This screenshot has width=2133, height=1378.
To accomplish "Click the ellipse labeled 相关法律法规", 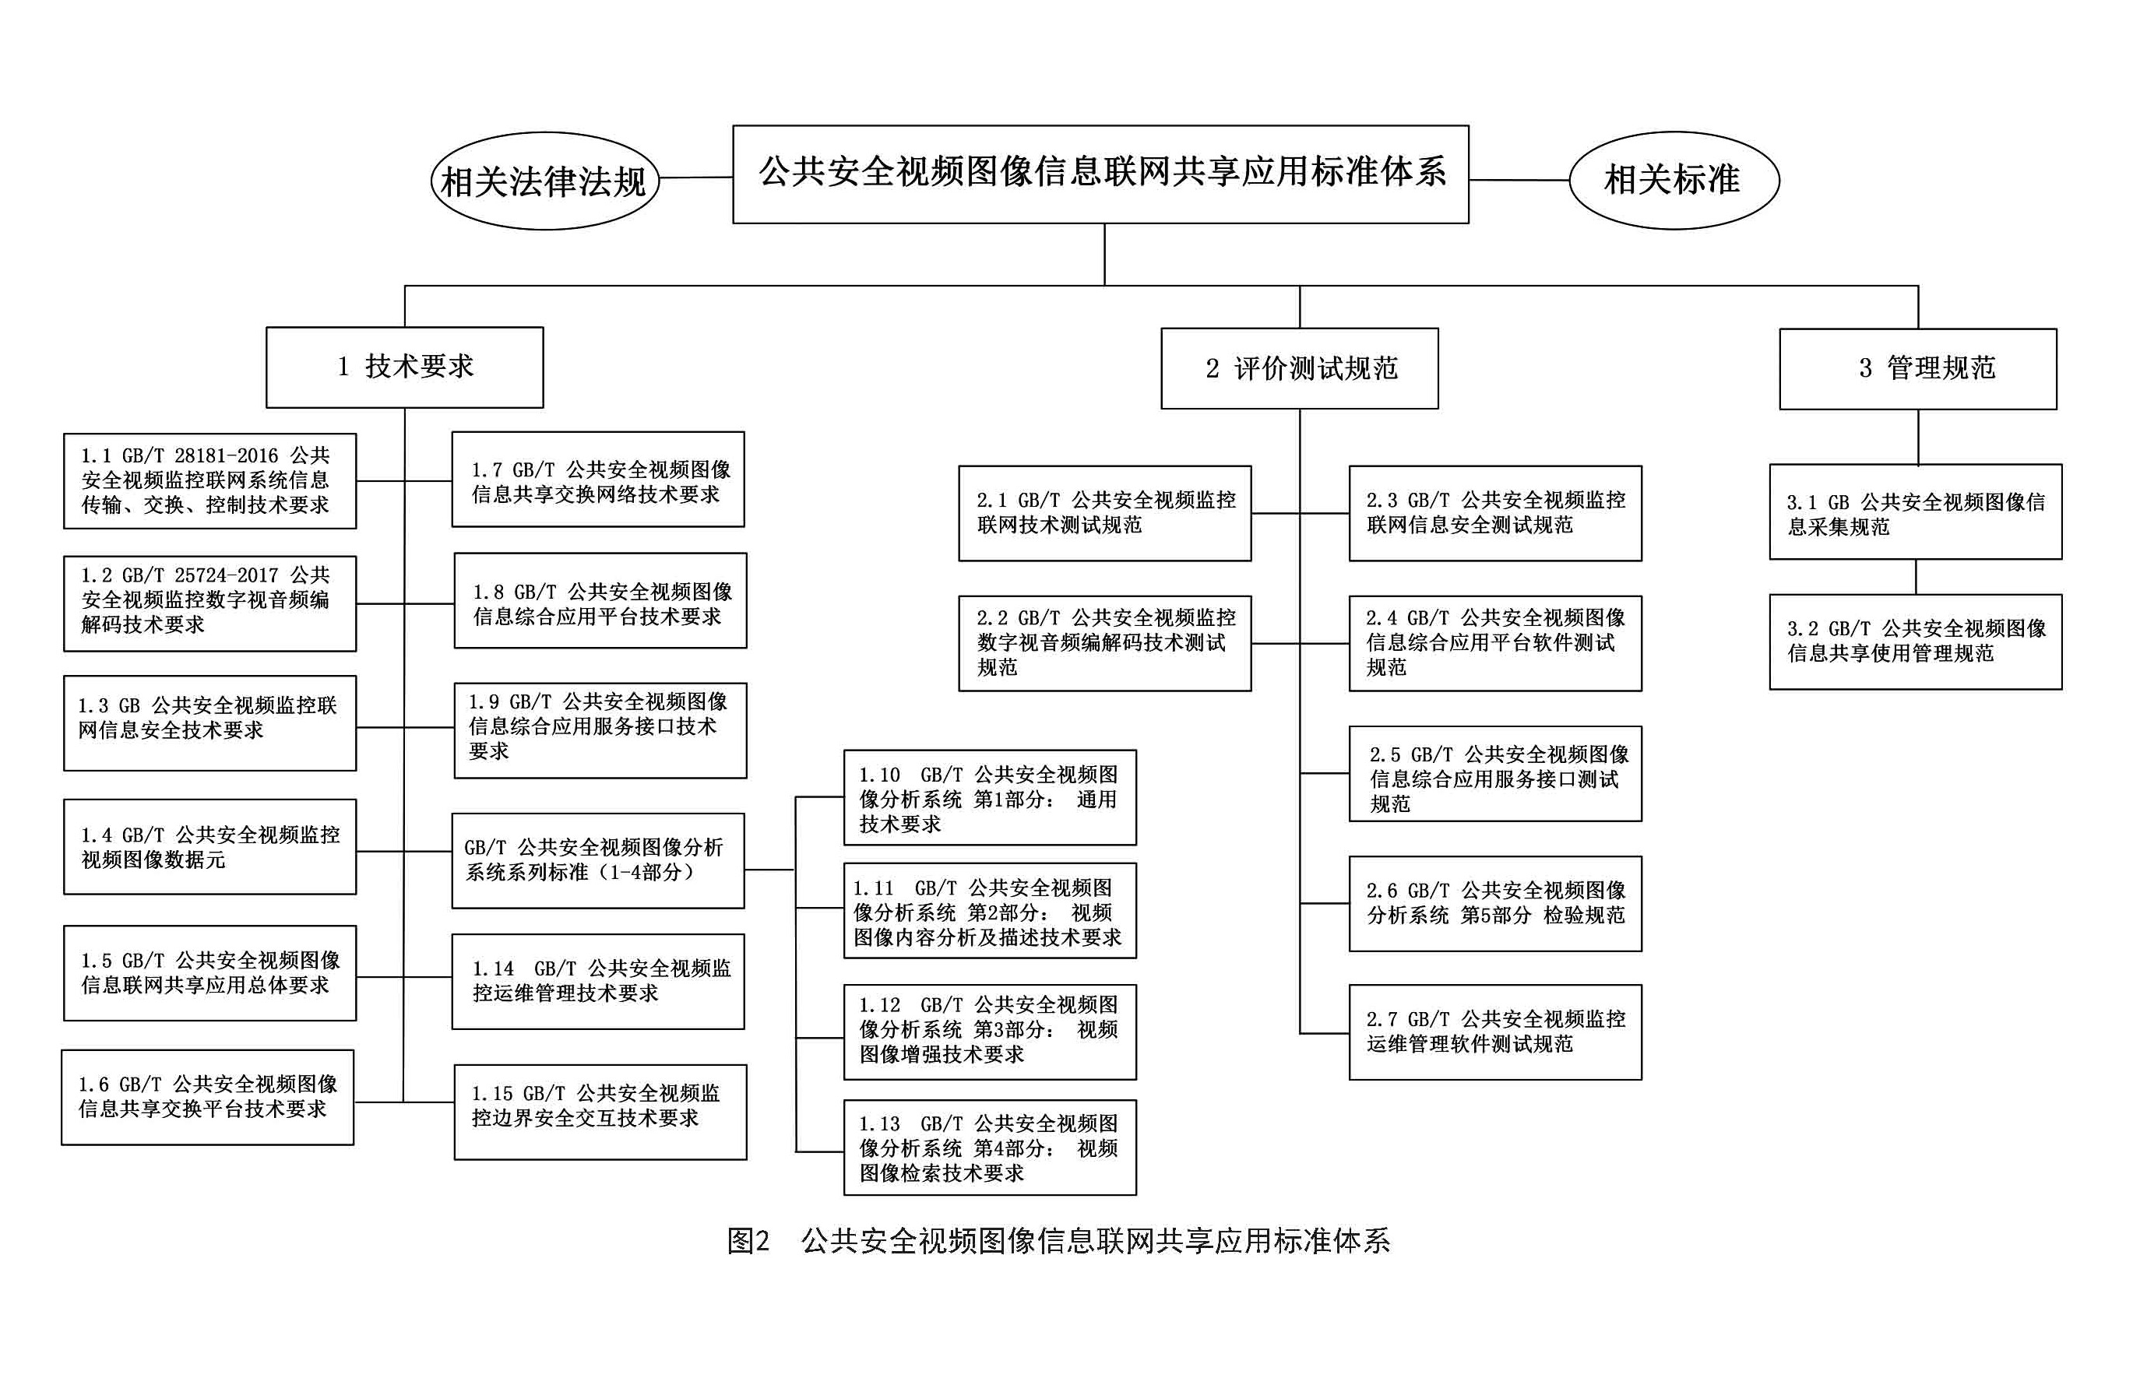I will click(544, 181).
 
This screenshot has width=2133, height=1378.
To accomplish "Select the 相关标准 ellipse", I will click(1673, 180).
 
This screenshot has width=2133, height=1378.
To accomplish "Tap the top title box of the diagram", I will click(1100, 174).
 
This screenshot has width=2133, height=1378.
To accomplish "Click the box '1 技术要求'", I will click(405, 367).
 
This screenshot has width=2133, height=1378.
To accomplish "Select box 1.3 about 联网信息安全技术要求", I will click(209, 722).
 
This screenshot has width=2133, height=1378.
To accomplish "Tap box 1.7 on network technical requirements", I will click(598, 480).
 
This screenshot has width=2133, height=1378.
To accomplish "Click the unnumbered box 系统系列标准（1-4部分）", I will click(598, 860).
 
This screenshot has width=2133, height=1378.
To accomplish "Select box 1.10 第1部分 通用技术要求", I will click(989, 797).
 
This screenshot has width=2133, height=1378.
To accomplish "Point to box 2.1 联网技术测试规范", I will click(1104, 513).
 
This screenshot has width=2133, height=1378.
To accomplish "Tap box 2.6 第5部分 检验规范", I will click(1494, 903).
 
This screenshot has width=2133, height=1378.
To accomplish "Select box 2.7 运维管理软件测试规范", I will click(1494, 1032).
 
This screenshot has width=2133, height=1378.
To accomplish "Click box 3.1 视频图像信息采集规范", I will click(1915, 511).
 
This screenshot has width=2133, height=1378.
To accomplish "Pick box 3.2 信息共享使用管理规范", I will click(1915, 641).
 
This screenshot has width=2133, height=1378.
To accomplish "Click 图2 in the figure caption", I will click(748, 1240).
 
